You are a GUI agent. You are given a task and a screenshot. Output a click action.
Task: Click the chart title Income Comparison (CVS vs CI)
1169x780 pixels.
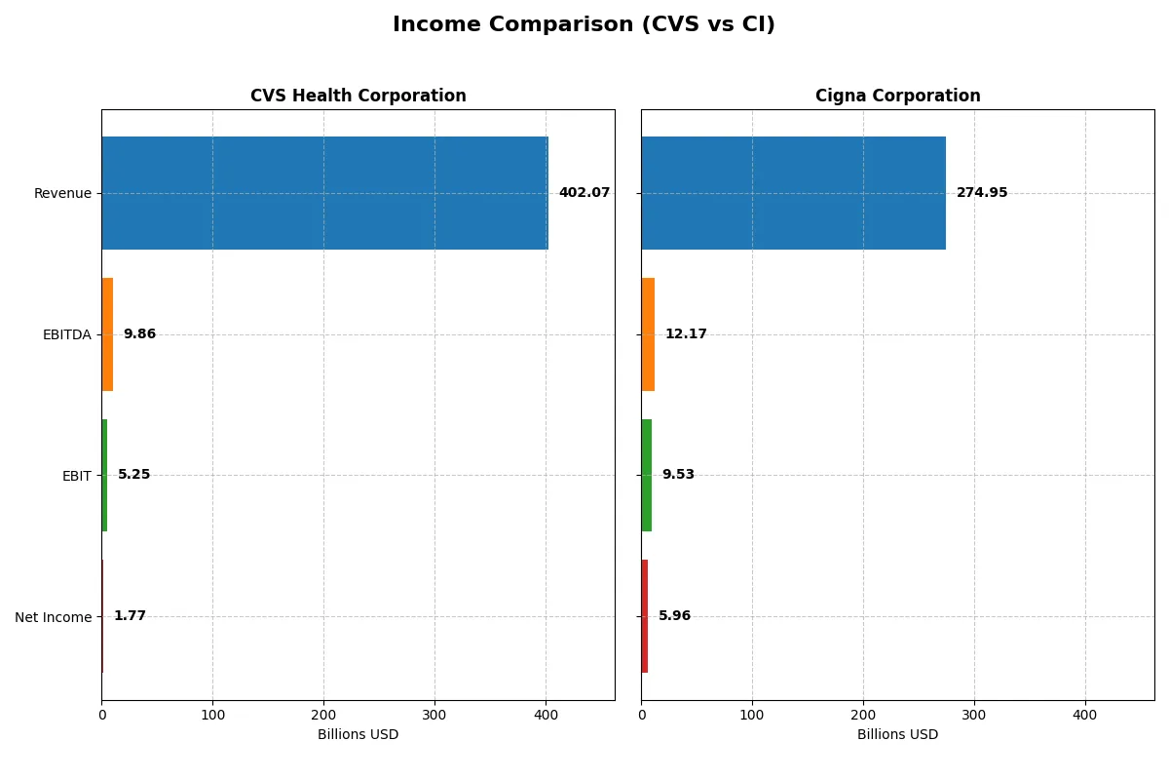pos(584,25)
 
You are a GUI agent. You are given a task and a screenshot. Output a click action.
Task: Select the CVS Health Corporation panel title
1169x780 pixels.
pos(358,96)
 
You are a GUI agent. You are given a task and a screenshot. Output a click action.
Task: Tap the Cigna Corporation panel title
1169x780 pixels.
pos(897,96)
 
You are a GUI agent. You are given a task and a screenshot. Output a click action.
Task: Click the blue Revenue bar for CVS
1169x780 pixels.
pos(324,193)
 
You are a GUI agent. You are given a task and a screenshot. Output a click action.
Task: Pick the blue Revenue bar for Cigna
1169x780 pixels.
pos(793,193)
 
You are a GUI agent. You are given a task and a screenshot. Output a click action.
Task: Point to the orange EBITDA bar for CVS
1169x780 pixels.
pos(107,334)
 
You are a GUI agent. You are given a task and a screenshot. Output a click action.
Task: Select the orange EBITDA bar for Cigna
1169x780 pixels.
pos(648,334)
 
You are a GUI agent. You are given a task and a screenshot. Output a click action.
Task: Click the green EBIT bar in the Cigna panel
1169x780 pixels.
pos(647,475)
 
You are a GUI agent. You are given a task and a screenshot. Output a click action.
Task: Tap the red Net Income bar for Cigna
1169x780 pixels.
pos(645,616)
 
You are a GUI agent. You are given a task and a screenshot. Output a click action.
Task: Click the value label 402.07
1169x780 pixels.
pos(584,193)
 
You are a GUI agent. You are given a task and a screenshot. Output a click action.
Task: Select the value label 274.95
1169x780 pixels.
pos(981,193)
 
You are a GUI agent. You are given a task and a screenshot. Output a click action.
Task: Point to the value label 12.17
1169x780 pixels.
pos(686,334)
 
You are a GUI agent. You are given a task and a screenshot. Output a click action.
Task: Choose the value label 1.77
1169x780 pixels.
pos(130,616)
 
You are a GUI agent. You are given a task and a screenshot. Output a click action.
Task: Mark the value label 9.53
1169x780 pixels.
pos(678,475)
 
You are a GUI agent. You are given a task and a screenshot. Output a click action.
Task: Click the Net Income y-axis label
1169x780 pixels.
pos(53,617)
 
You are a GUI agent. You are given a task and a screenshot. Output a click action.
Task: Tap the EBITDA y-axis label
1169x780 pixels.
pos(66,334)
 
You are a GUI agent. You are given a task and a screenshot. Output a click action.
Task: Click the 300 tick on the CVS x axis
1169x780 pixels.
pos(434,715)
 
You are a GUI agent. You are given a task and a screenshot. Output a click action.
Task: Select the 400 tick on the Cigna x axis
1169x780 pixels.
pos(1085,715)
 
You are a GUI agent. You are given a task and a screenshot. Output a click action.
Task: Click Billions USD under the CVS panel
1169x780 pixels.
pos(358,735)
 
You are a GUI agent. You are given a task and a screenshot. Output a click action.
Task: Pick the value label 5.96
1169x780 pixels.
pos(674,616)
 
